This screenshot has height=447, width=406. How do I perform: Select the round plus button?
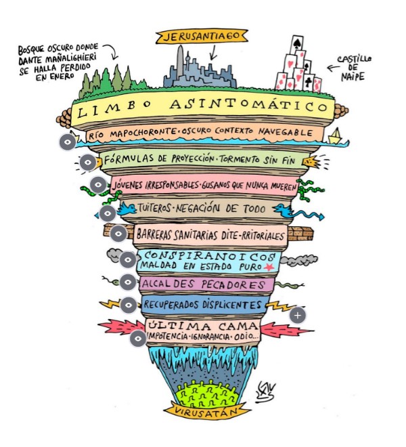(x=298, y=314)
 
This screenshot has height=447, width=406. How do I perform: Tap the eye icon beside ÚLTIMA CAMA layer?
(x=137, y=337)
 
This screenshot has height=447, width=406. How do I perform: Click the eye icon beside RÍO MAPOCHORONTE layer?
(x=67, y=143)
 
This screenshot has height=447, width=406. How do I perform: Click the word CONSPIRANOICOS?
(x=207, y=257)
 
